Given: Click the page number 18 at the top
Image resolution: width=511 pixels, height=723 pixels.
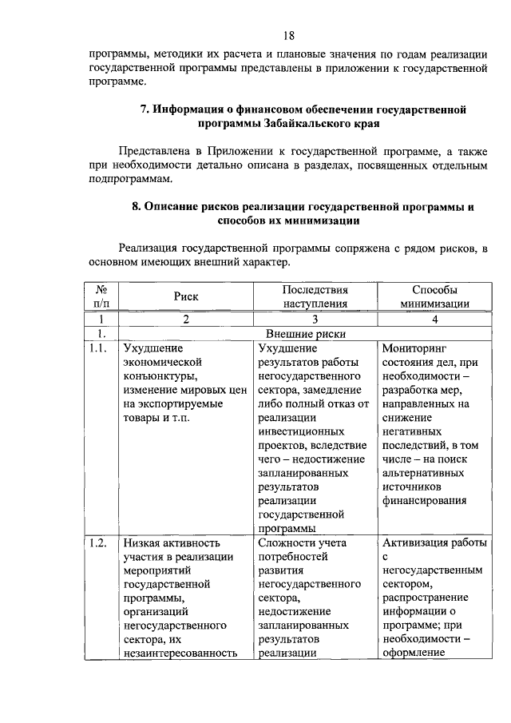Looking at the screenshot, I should pyautogui.click(x=288, y=35).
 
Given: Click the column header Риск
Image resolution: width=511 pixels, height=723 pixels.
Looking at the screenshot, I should pyautogui.click(x=186, y=296).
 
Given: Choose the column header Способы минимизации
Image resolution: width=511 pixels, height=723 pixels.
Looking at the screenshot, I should pyautogui.click(x=434, y=296).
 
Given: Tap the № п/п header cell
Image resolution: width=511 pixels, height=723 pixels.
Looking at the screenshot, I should pyautogui.click(x=101, y=296).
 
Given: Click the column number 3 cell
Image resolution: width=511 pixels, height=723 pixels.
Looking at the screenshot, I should pyautogui.click(x=315, y=319).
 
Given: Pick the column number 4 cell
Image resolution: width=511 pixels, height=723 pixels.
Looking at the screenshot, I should pyautogui.click(x=434, y=319).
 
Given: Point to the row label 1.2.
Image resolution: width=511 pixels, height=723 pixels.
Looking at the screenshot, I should pyautogui.click(x=99, y=543).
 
